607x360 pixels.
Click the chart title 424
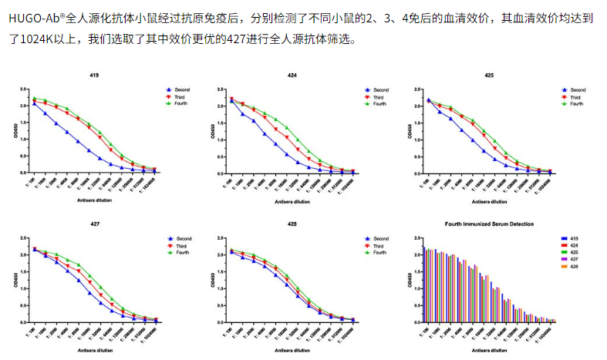(x=292, y=76)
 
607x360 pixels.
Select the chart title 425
(x=489, y=76)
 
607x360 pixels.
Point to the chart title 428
(x=292, y=224)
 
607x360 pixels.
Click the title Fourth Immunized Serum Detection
(x=489, y=224)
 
